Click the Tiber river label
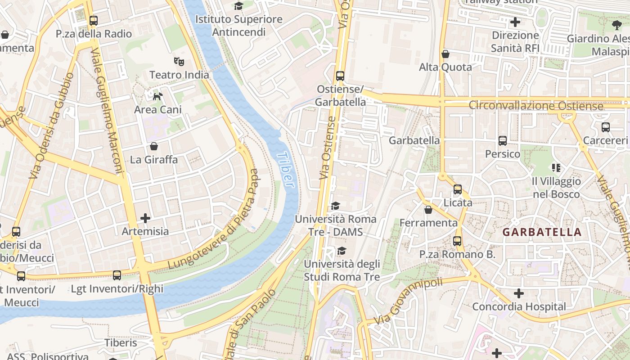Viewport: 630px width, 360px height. point(285,169)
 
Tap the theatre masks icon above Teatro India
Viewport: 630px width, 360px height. point(179,61)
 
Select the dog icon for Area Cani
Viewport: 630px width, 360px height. point(157,96)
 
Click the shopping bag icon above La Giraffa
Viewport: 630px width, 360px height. point(154,146)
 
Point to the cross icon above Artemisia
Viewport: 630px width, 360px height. point(145,218)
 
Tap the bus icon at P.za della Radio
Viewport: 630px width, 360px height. point(94,21)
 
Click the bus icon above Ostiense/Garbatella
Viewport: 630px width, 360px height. point(340,76)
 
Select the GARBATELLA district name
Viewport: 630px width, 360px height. point(542,232)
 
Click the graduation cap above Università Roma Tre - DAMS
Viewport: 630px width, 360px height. point(335,206)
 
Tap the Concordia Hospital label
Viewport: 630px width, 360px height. point(519,306)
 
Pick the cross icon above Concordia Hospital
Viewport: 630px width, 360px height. point(519,293)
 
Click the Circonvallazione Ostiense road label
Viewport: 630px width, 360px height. point(535,106)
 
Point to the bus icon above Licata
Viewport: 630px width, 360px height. point(458,189)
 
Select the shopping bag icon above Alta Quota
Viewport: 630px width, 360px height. point(445,54)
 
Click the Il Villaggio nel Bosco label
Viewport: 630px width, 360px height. point(557,188)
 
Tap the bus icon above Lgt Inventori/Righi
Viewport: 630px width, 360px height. point(117,275)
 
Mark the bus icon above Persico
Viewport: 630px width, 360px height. point(503,141)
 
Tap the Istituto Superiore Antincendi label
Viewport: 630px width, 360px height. point(238,26)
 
